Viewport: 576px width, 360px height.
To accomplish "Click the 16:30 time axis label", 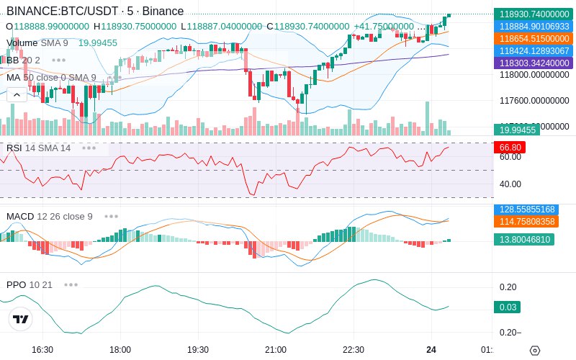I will pyautogui.click(x=42, y=350).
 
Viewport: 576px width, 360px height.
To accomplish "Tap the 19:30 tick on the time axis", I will pyautogui.click(x=198, y=350).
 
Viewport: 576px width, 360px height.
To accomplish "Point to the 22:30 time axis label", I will pyautogui.click(x=354, y=350).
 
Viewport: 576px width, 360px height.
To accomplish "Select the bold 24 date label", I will pyautogui.click(x=431, y=350).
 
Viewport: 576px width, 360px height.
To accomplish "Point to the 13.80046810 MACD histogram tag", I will pyautogui.click(x=523, y=239).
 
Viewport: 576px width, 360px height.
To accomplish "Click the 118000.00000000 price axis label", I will pyautogui.click(x=535, y=74).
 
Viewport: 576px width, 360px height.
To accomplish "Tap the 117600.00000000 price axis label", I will pyautogui.click(x=535, y=100).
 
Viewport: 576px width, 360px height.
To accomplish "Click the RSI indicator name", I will pyautogui.click(x=14, y=148).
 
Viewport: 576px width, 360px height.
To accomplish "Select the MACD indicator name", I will pyautogui.click(x=20, y=216).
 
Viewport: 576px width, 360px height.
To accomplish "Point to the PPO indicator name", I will pyautogui.click(x=16, y=284).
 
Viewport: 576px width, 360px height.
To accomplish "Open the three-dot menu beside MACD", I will pyautogui.click(x=112, y=216).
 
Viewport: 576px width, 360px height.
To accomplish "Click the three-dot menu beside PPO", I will pyautogui.click(x=71, y=284).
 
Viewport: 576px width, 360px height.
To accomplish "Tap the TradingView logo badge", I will pyautogui.click(x=21, y=320).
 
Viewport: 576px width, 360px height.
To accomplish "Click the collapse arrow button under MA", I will pyautogui.click(x=17, y=95).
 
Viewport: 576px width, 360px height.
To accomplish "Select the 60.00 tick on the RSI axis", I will pyautogui.click(x=510, y=157).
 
